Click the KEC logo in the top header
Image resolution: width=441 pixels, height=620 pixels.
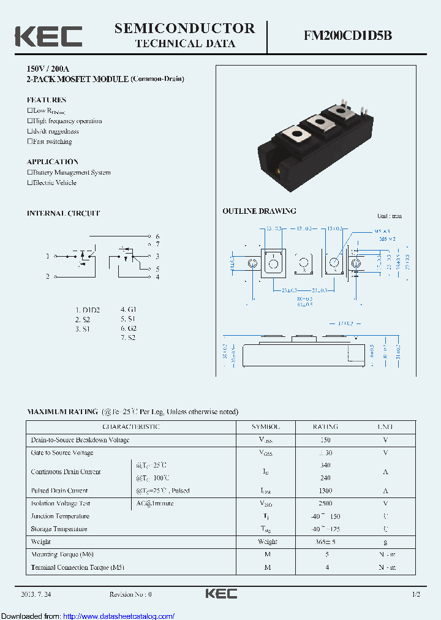coord(48,36)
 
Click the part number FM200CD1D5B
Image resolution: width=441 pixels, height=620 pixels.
coord(348,36)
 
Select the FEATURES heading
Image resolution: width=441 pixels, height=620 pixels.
coord(47,100)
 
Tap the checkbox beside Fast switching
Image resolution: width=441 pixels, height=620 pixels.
coord(29,142)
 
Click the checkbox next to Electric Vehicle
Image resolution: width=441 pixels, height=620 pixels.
coord(29,183)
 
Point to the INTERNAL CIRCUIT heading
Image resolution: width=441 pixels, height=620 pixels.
coord(63,213)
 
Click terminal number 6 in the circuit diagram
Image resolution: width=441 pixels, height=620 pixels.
coord(157,236)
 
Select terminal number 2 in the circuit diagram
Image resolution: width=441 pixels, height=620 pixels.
coord(48,277)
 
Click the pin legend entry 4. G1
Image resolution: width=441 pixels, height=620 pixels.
coord(128,310)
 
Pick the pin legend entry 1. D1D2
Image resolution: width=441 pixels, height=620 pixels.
coord(88,310)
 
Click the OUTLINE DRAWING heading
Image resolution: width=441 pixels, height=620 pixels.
coord(259,211)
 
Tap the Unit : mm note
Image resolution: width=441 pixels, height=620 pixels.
coord(389,216)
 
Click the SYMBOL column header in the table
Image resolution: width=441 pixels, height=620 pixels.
coord(266,426)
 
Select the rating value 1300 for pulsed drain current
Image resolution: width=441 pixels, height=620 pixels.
coord(326,491)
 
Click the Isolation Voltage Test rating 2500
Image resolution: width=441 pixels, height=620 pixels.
coord(326,504)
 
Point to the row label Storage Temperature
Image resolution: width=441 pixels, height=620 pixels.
coord(59,529)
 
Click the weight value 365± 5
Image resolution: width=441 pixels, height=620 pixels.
coord(326,542)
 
